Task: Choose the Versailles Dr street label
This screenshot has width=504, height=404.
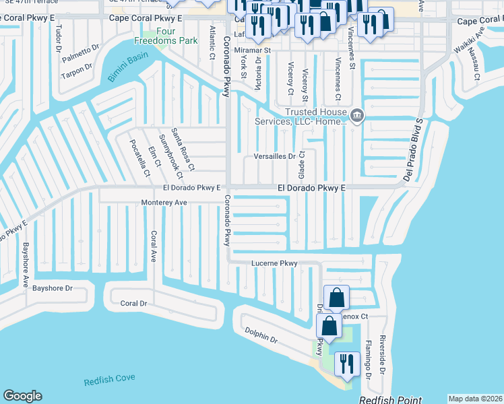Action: tap(274, 156)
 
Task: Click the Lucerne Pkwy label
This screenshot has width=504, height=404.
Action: tap(274, 263)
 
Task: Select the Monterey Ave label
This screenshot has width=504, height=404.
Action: tap(164, 202)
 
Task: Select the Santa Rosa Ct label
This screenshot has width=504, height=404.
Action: tap(182, 149)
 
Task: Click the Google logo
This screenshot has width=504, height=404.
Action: tap(22, 396)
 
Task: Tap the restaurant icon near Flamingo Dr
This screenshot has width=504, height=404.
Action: tap(346, 364)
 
